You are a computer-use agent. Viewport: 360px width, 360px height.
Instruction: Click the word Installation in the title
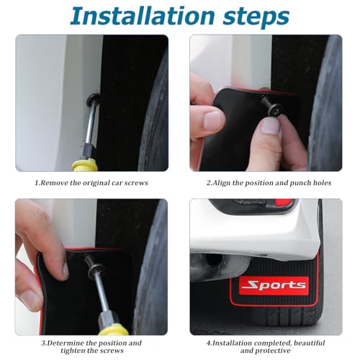[x=142, y=16]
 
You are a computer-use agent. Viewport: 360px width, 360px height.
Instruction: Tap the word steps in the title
[x=256, y=17]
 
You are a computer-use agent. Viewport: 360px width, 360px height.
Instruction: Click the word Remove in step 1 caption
[x=54, y=183]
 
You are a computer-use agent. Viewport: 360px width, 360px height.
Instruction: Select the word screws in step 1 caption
[x=135, y=183]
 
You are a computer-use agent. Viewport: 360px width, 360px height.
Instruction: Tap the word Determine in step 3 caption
[x=63, y=343]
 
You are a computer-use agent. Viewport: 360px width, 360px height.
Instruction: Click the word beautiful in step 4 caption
[x=310, y=343]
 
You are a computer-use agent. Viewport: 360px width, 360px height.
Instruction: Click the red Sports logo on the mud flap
[x=274, y=285]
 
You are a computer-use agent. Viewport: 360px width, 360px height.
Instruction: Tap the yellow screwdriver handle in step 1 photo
[x=85, y=165]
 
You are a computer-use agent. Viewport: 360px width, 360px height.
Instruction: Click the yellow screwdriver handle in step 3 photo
[x=113, y=329]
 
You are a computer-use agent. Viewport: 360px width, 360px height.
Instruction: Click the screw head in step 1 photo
[x=93, y=99]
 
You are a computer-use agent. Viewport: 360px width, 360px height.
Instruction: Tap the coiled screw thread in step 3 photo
[x=89, y=260]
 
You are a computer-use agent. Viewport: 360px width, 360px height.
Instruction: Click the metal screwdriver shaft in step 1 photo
[x=91, y=125]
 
